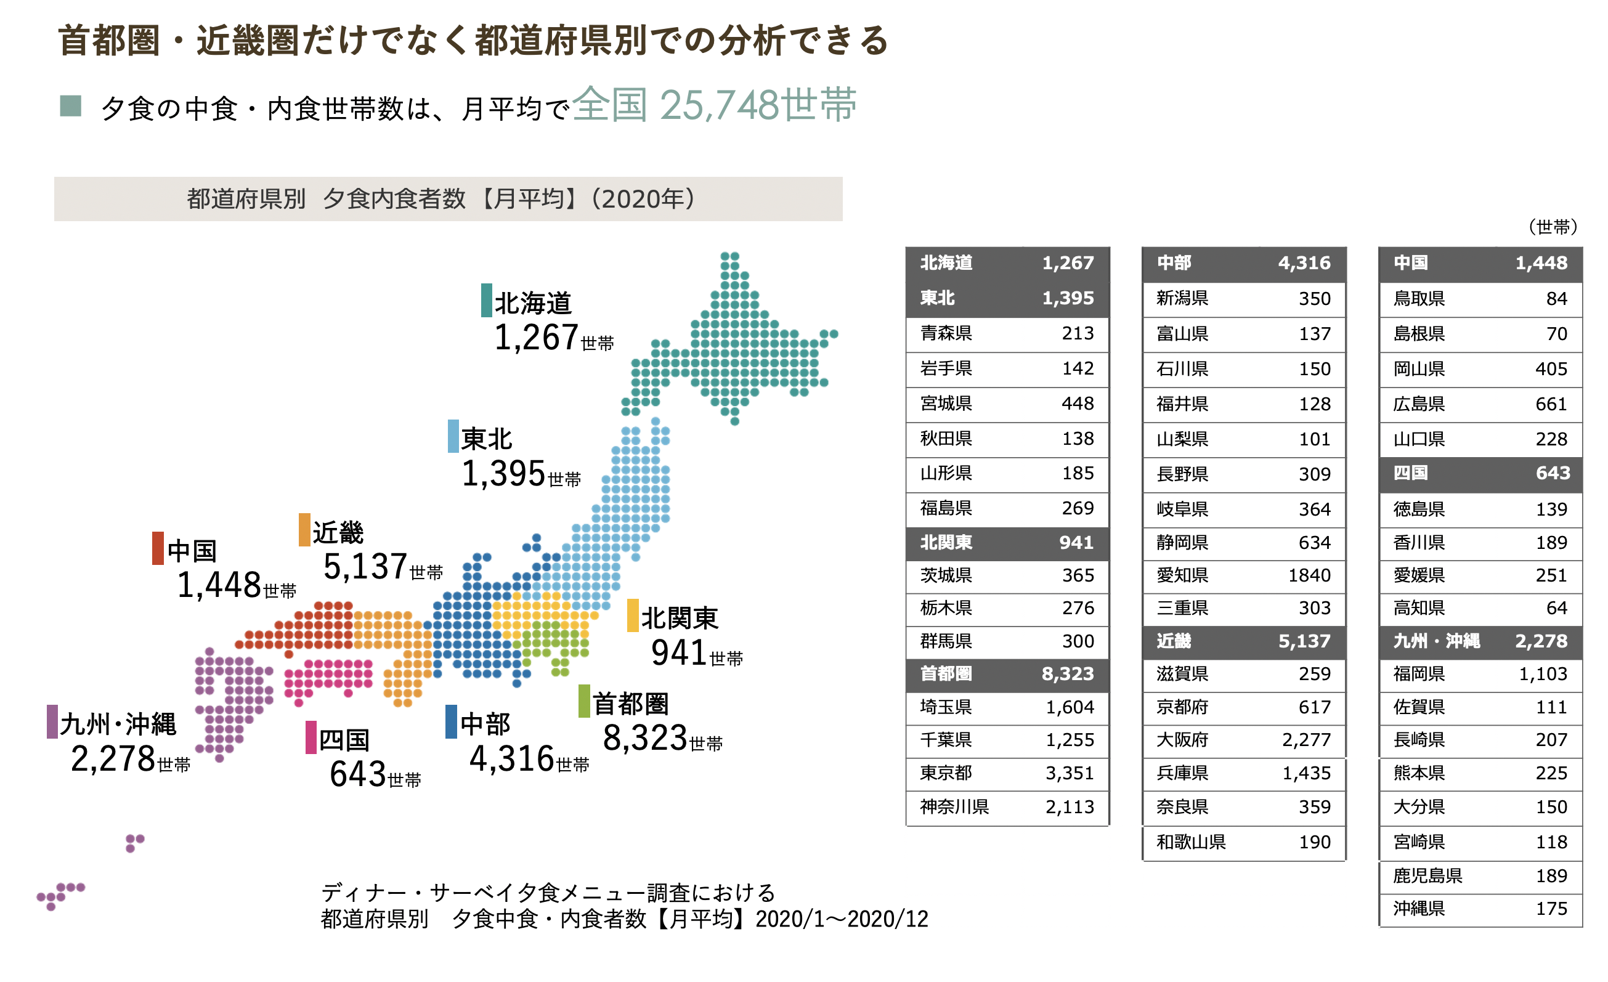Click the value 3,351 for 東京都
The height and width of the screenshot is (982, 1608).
(1069, 773)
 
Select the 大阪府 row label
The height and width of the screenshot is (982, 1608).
(1182, 740)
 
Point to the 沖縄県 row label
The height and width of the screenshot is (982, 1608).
(1419, 908)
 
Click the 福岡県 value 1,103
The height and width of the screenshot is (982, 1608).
(1543, 674)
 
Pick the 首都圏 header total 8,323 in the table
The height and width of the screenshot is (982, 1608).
(1067, 674)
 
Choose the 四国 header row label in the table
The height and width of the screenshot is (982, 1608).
(1410, 473)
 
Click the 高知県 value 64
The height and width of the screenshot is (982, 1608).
(1556, 608)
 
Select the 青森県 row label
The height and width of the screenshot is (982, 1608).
(946, 333)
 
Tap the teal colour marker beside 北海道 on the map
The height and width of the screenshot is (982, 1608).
(486, 300)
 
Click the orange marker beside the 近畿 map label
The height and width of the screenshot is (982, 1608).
(304, 530)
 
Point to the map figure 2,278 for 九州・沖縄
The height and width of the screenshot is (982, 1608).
(113, 759)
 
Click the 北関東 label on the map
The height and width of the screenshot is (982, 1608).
(680, 618)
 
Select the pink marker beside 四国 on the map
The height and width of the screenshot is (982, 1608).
(311, 737)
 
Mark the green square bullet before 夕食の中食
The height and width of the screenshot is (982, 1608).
(70, 106)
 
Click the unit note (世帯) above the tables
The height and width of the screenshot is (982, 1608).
(1553, 227)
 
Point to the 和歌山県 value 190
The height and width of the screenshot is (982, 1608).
(1314, 842)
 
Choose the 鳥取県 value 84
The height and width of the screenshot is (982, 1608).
(1556, 299)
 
